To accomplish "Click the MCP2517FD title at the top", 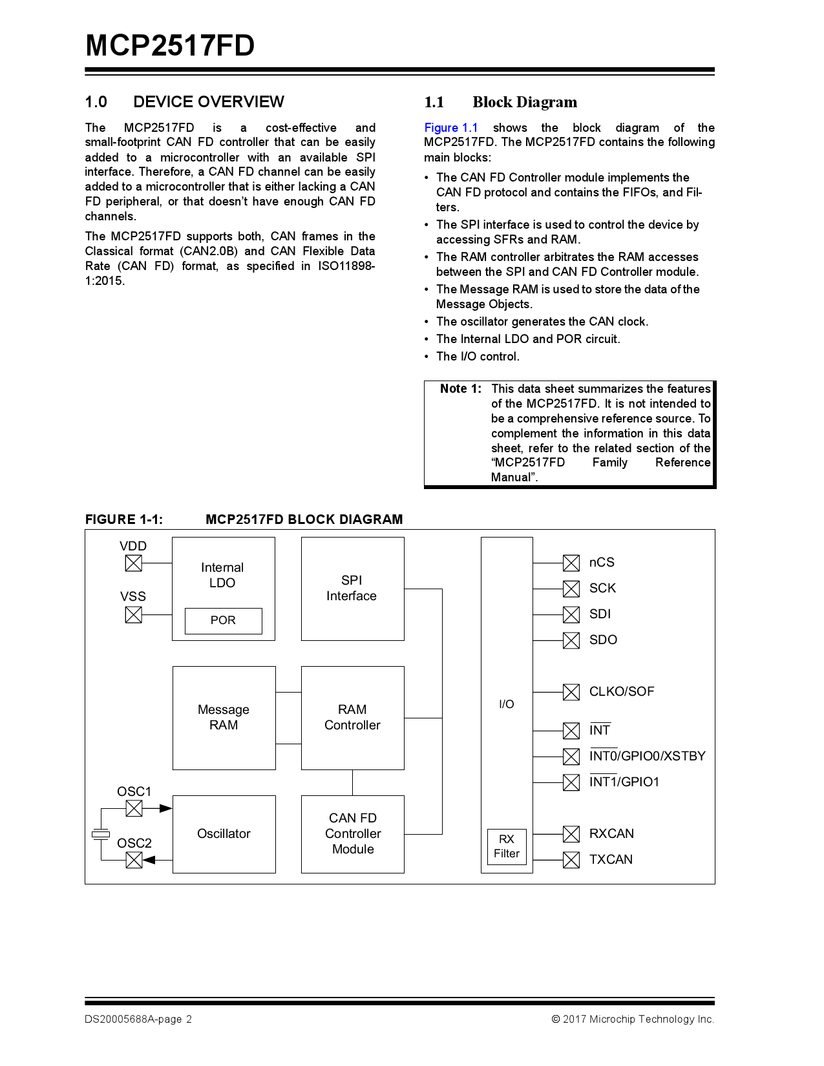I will pos(170,46).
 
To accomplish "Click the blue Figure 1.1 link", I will pos(450,128).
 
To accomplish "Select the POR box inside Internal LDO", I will pos(223,620).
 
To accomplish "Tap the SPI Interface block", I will pos(352,589).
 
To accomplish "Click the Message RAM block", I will pos(224,718).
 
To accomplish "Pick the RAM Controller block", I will pos(352,718).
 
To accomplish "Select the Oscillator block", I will pos(224,834).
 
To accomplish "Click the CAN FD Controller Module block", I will pos(352,834).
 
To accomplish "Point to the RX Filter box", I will pos(507,846).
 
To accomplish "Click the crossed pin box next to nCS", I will pos(571,563).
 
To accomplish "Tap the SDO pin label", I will pos(603,640).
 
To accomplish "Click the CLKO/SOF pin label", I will pos(621,691).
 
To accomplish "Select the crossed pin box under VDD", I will pos(133,563).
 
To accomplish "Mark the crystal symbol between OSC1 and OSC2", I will pos(101,834).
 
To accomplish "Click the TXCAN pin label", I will pos(611,859).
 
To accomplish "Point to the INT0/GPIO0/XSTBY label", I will pos(647,756).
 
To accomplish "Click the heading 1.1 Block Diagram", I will pos(500,102).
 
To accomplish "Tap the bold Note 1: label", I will pos(460,389).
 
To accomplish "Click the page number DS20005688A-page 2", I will pos(138,1019).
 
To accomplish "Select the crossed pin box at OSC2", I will pos(134,860).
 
